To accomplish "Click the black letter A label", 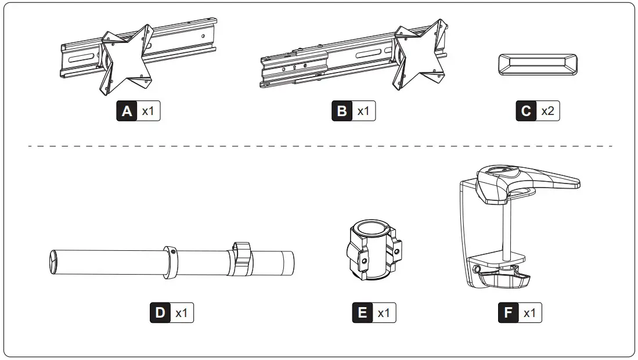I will click(x=127, y=111).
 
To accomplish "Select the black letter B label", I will click(x=342, y=111).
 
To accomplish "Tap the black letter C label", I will click(x=526, y=111).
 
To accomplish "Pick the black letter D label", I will click(x=160, y=313).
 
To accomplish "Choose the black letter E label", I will click(x=363, y=313).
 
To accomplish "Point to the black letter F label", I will click(x=509, y=313).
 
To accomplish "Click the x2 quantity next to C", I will click(x=547, y=111).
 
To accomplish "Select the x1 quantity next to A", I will click(x=148, y=111).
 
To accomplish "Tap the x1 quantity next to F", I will click(x=529, y=313).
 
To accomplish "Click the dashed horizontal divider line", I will click(x=319, y=146).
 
